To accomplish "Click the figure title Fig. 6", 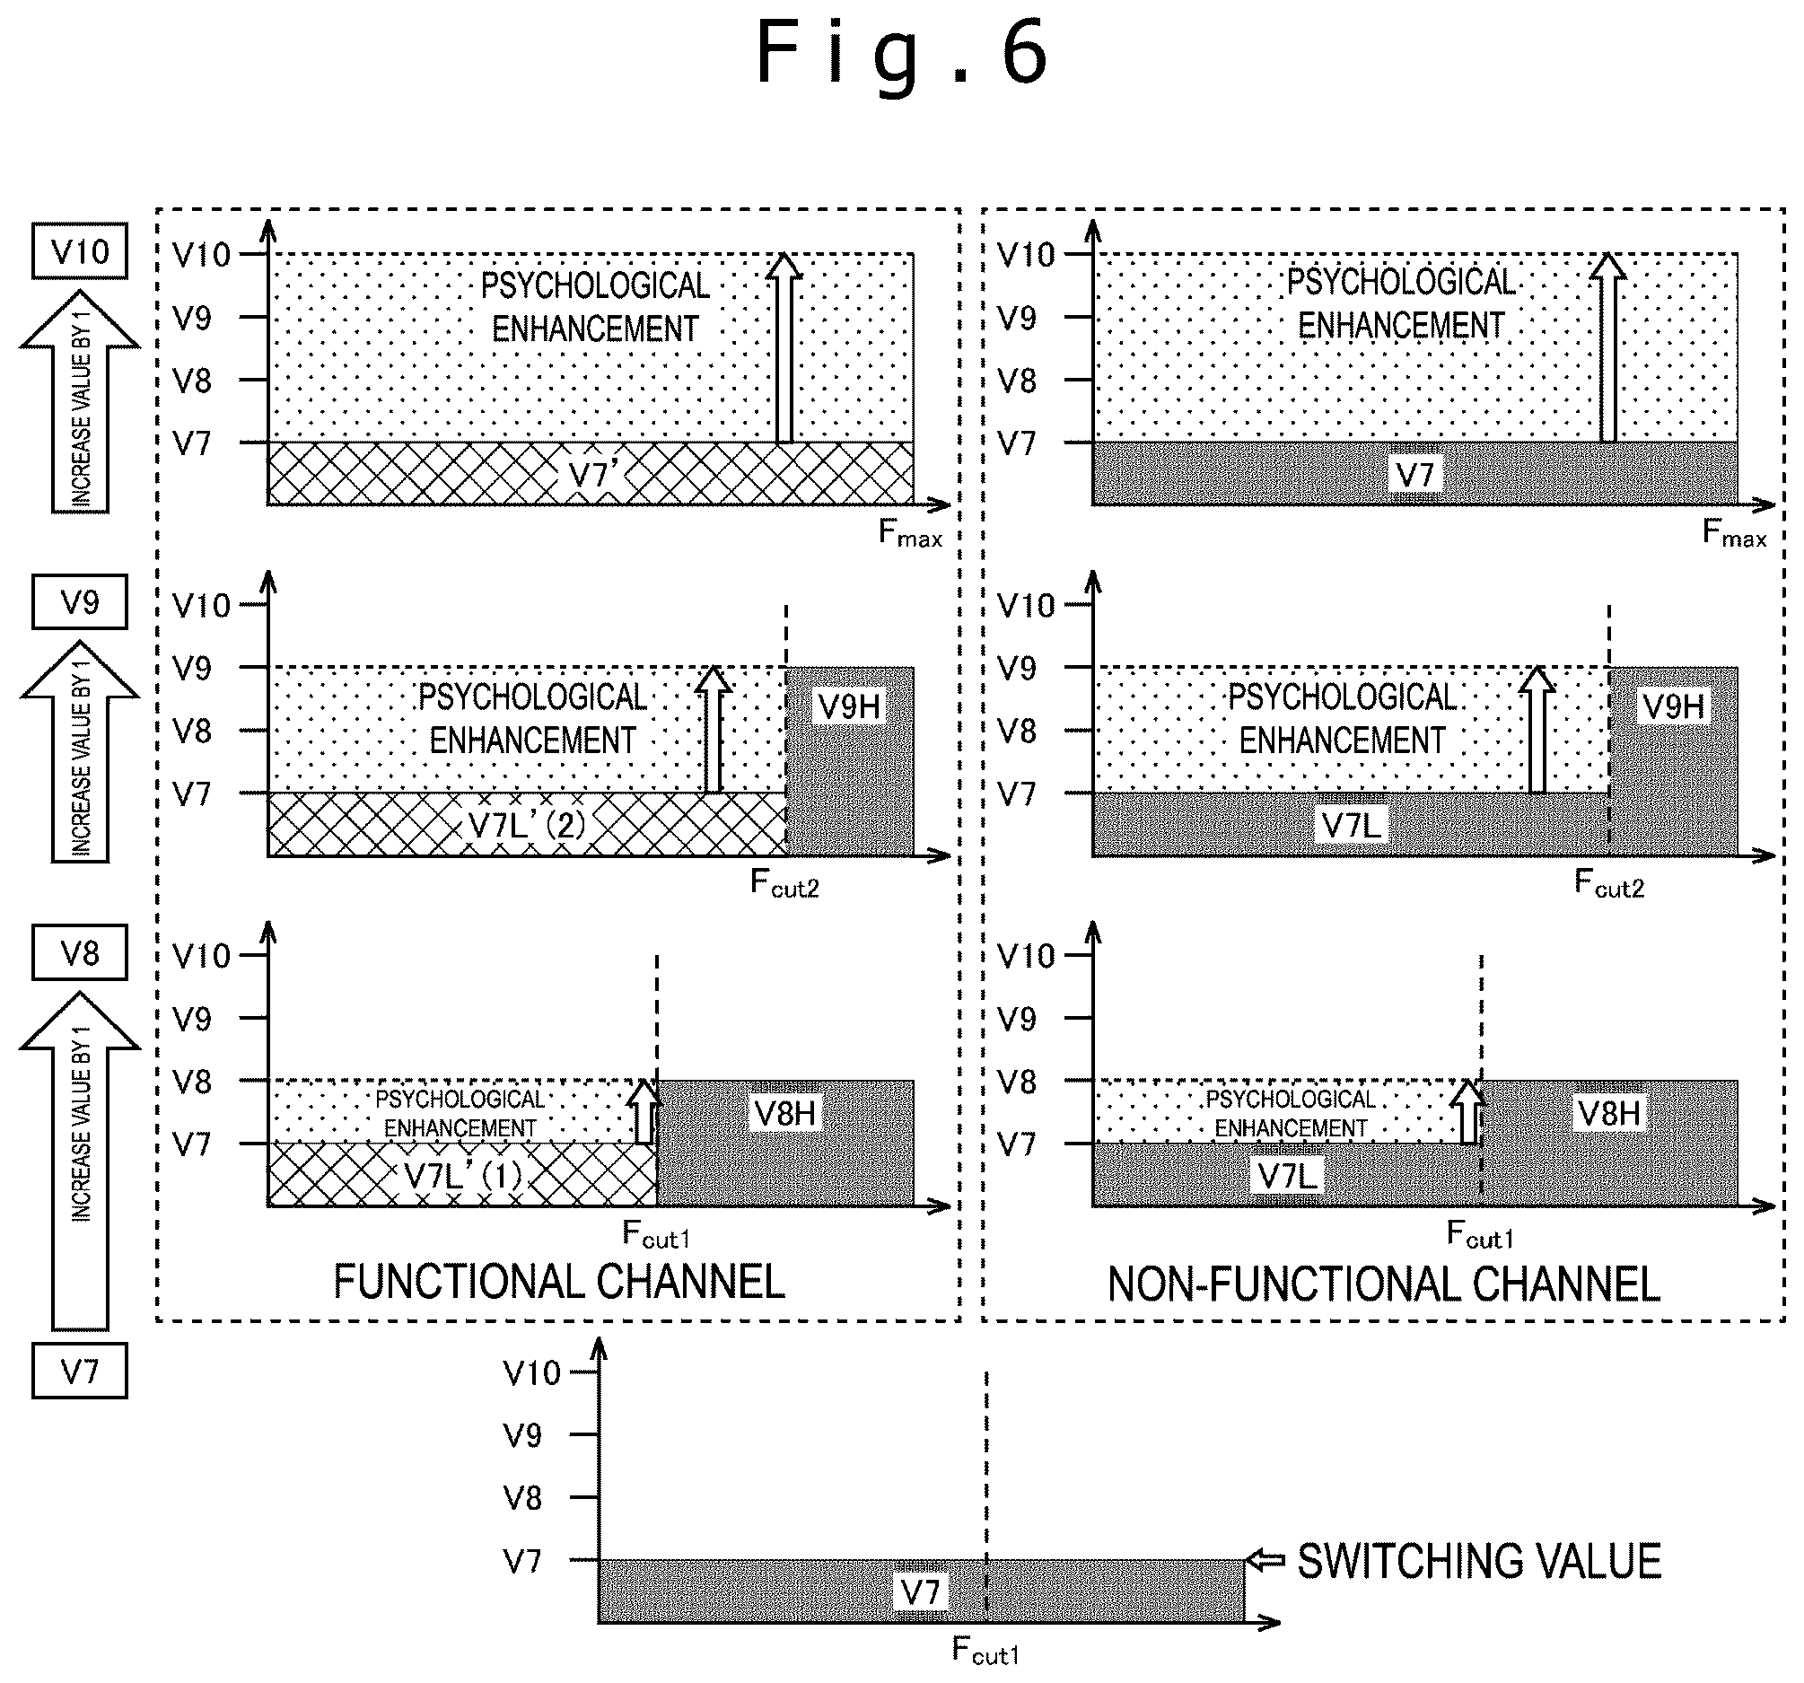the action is [x=903, y=55].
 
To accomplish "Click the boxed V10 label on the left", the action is [x=80, y=251].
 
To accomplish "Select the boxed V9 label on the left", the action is [x=80, y=602].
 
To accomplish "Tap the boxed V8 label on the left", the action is [x=80, y=953].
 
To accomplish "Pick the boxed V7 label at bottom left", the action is [x=80, y=1371].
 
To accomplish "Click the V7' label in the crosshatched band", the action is [x=594, y=474].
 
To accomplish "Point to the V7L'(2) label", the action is [x=526, y=825].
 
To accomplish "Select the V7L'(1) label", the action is [x=464, y=1176].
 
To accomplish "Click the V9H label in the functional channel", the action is [x=849, y=706].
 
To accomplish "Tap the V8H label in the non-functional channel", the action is [x=1610, y=1113].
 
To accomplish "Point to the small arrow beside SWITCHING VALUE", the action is [x=1265, y=1560].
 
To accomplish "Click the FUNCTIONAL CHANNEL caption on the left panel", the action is [x=559, y=1282].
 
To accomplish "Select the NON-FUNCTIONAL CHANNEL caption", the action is [x=1384, y=1284].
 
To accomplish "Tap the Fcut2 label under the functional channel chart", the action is [x=785, y=882].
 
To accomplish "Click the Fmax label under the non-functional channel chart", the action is [x=1734, y=533].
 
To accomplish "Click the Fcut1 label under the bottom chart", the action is [x=985, y=1650].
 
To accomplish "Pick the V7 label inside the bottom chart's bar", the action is [x=921, y=1591].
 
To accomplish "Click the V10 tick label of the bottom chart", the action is [x=532, y=1373].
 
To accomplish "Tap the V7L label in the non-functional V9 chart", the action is [x=1352, y=825].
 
